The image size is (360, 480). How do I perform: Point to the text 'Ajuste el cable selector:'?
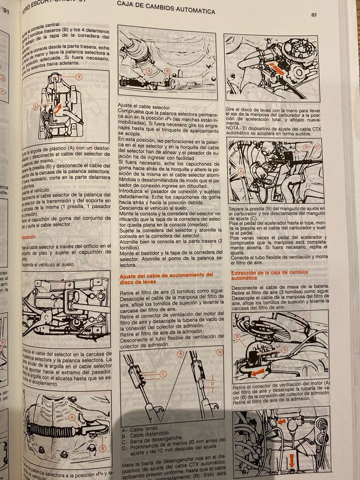point(145,106)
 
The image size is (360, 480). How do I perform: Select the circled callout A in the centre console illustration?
point(35,105)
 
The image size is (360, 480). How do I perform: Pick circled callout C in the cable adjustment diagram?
point(163,373)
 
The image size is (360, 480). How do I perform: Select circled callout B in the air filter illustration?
point(237,337)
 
